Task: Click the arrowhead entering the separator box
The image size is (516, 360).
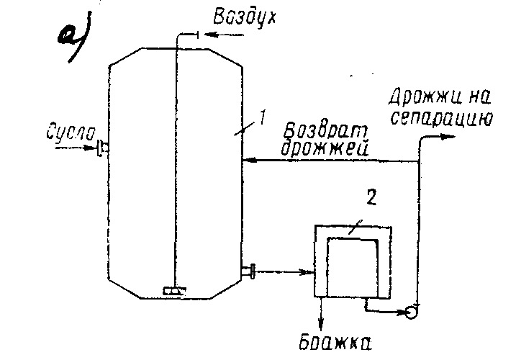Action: [x=310, y=272]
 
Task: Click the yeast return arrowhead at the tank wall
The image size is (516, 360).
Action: [x=246, y=161]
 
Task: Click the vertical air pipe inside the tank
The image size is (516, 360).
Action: [x=175, y=158]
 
